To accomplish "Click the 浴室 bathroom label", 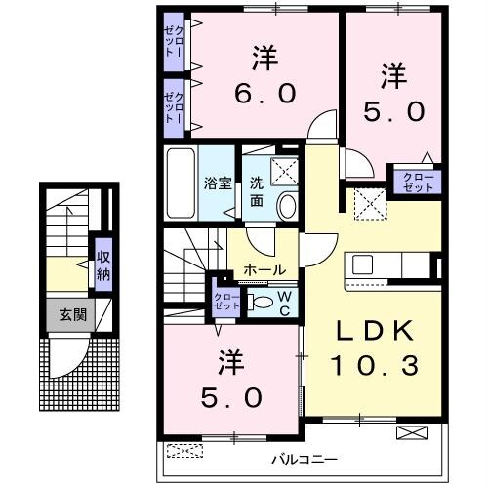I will (x=217, y=183).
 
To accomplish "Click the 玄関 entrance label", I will (x=68, y=314).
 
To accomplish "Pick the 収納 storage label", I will (x=102, y=264).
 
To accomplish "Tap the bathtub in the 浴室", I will (x=181, y=183).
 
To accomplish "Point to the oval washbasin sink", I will (x=287, y=204).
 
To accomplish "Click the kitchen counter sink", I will (x=363, y=264).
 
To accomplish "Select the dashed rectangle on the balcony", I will (x=184, y=450).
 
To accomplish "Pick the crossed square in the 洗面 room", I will (x=287, y=171).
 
